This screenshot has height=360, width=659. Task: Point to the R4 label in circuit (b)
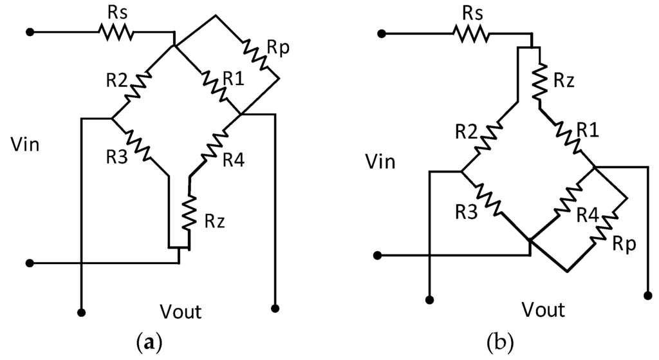point(588,213)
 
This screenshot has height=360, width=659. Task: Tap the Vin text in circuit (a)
point(25,144)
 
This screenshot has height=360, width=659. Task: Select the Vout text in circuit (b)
point(543,310)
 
